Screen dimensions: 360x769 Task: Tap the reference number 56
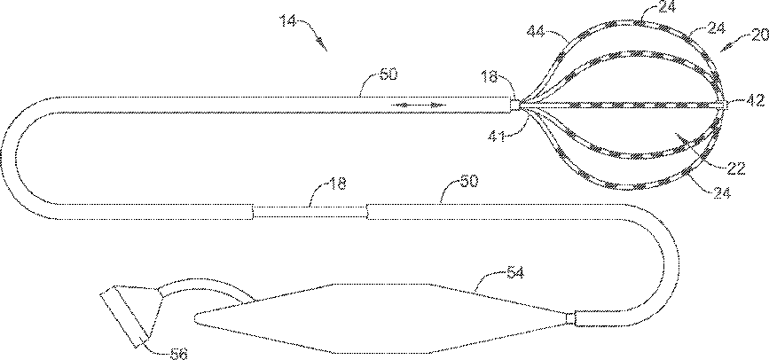pos(178,352)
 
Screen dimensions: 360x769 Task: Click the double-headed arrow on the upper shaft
pos(415,105)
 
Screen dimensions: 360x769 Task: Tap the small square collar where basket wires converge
pos(514,105)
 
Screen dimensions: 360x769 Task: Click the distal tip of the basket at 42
pos(726,105)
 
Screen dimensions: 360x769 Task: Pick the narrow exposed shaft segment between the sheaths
pos(310,211)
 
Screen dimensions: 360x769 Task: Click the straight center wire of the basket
pos(621,104)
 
